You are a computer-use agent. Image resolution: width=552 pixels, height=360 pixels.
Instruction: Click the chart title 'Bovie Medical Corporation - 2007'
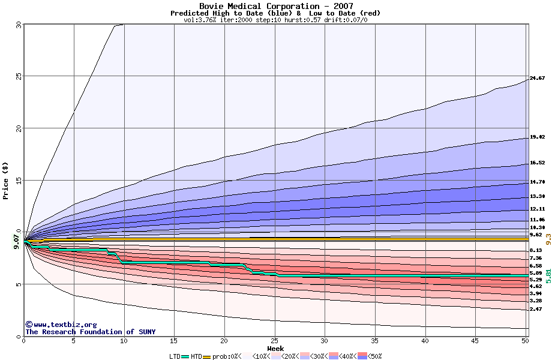[x=276, y=6]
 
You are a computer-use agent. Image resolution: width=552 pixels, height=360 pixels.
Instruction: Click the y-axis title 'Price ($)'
[x=6, y=180]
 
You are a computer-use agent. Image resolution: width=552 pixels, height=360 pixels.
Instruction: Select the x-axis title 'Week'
[x=276, y=349]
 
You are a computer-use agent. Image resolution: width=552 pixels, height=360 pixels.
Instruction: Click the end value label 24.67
[x=538, y=79]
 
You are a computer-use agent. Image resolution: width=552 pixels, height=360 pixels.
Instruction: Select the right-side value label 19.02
[x=538, y=137]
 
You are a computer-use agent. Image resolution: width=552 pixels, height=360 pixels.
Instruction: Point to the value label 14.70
[x=538, y=182]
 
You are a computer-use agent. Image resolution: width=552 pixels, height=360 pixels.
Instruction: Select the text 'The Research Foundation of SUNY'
[x=90, y=332]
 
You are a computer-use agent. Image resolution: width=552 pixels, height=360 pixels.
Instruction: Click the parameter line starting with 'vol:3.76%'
[x=276, y=20]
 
